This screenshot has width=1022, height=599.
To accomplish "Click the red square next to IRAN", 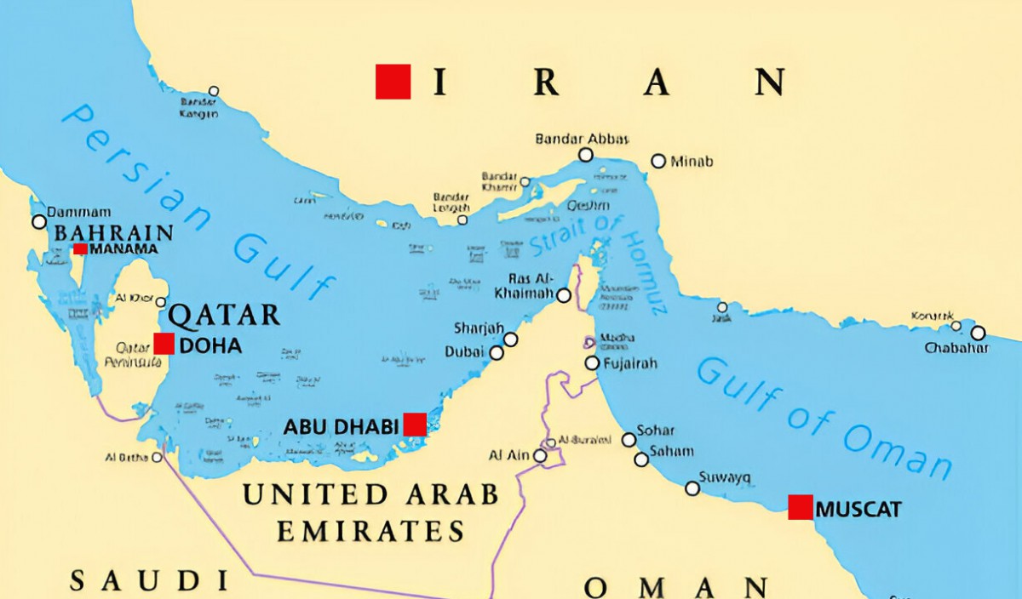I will click(x=393, y=82).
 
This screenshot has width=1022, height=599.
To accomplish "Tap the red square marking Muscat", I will click(x=800, y=507).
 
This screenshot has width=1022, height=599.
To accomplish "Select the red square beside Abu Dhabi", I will click(x=415, y=425).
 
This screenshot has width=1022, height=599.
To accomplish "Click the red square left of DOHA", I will click(x=164, y=344).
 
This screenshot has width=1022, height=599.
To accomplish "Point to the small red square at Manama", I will click(x=80, y=248).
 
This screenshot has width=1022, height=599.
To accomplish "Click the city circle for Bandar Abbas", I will click(x=586, y=155).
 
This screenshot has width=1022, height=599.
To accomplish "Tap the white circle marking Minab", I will click(x=658, y=161).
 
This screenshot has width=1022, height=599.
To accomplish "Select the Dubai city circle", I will click(x=497, y=352).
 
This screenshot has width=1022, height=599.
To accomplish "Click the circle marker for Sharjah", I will click(x=510, y=339).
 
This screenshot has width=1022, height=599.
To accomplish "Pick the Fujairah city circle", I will click(x=592, y=363).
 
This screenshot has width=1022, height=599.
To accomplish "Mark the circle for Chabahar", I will click(x=978, y=333).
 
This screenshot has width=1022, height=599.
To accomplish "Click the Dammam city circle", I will click(x=38, y=222).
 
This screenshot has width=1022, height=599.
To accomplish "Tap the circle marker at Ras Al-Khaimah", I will click(x=564, y=295).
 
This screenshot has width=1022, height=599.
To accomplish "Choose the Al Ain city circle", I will click(x=540, y=456).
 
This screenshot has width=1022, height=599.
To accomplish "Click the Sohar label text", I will click(x=656, y=431).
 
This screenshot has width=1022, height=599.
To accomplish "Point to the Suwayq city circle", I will click(x=692, y=488).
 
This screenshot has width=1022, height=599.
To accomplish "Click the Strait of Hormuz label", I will click(x=596, y=255).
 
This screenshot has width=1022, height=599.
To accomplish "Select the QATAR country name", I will click(x=224, y=315).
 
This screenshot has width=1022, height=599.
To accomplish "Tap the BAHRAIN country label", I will click(x=113, y=233).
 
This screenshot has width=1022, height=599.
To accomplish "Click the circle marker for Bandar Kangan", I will click(x=214, y=91).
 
